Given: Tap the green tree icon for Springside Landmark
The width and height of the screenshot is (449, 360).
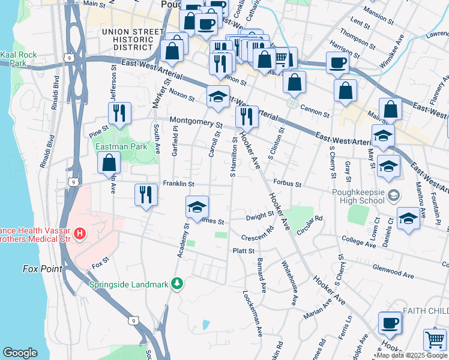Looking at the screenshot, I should (176, 283).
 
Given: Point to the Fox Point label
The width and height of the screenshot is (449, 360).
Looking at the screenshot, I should (42, 269).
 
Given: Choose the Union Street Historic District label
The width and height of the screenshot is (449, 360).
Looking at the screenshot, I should (133, 39).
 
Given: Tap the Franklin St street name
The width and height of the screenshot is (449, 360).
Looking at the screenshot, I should (178, 184).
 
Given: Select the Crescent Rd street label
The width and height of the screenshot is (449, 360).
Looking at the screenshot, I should (258, 237).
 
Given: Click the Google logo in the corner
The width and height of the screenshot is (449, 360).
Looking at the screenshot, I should (20, 353).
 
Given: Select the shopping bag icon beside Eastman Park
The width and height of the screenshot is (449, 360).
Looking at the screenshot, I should (109, 162).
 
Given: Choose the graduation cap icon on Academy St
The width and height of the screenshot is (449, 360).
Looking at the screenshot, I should (197, 207).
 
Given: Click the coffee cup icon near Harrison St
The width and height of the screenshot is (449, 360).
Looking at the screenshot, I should (337, 62).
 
